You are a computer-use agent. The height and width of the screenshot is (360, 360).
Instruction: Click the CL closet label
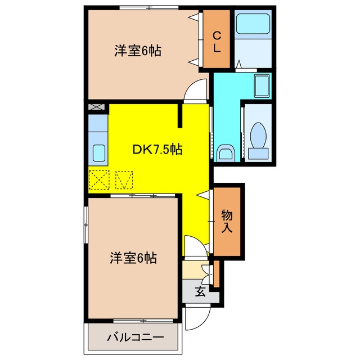pyautogui.click(x=217, y=42)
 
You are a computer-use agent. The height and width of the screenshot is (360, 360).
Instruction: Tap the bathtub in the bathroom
pyautogui.click(x=253, y=24)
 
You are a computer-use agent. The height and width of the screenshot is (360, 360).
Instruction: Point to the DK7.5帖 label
pyautogui.click(x=157, y=150)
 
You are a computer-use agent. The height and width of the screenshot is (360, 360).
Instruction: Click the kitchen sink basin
pyautogui.click(x=99, y=153)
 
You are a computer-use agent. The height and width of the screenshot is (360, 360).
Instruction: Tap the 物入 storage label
pyautogui.click(x=227, y=221)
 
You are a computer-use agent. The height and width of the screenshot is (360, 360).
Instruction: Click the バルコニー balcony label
pyautogui.click(x=136, y=337)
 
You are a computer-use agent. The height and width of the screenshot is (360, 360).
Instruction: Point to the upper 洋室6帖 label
pyautogui.click(x=138, y=51)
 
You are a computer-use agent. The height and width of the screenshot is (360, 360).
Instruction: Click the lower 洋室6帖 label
pyautogui.click(x=133, y=258)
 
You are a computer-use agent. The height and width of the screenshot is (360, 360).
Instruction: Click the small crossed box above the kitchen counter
pyautogui.click(x=96, y=107)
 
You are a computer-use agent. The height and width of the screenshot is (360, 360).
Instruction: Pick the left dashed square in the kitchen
pyautogui.click(x=99, y=179)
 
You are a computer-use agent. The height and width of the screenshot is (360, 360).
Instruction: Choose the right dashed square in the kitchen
pyautogui.click(x=124, y=180)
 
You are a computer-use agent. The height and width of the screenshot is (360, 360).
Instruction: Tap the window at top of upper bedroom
pyautogui.click(x=149, y=7)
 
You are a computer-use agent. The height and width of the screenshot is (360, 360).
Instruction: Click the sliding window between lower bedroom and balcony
pyautogui.click(x=143, y=321)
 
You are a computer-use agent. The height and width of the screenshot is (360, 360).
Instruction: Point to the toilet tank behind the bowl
pyautogui.click(x=258, y=154)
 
